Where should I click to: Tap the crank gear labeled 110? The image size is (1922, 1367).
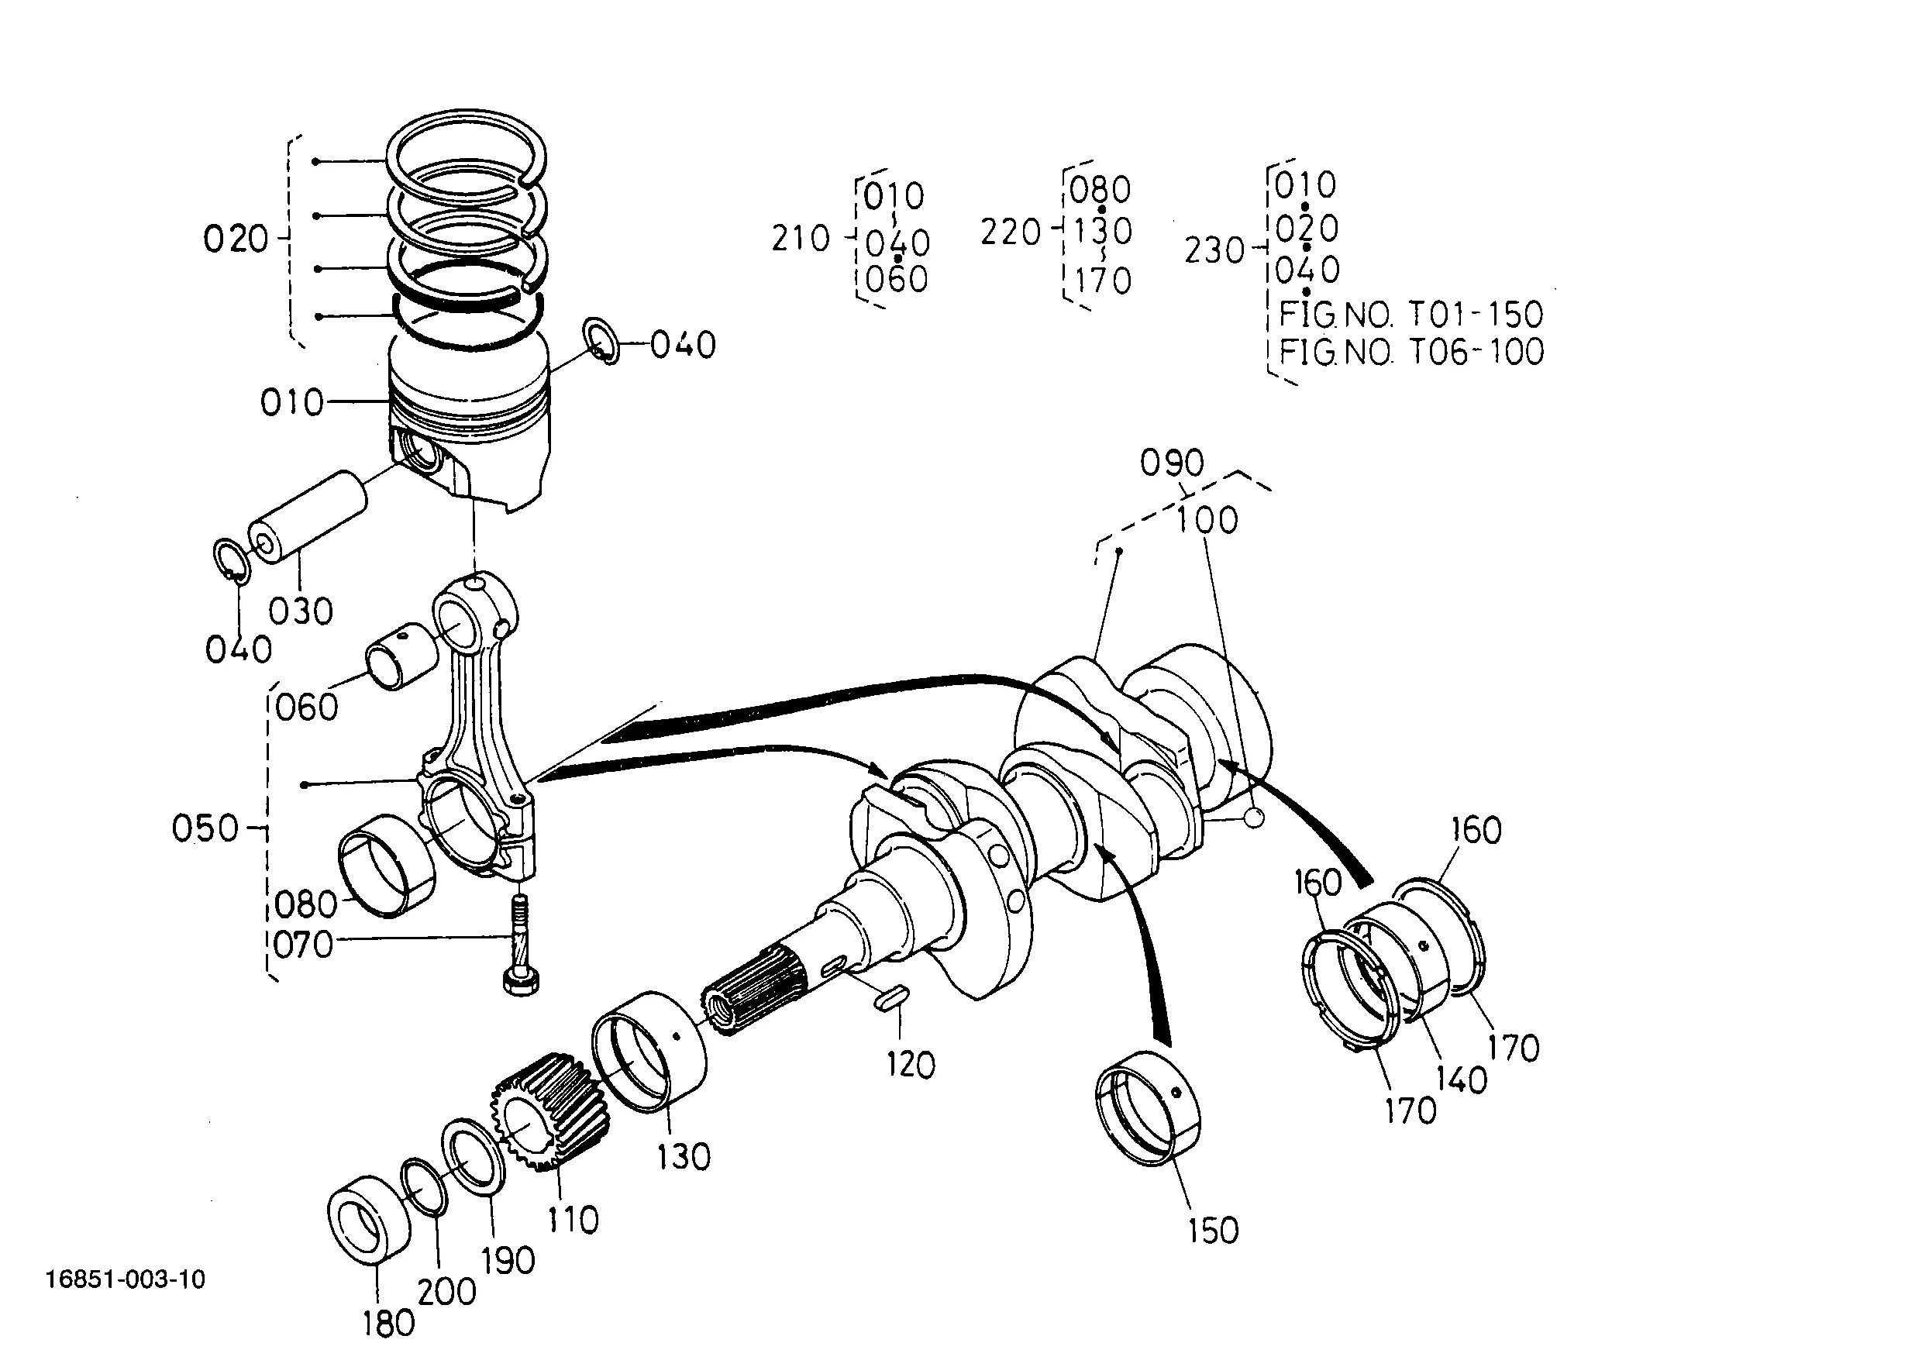coord(549,1112)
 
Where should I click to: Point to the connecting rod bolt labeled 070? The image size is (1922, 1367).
coord(522,946)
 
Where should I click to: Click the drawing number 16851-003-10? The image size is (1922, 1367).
coord(126,1279)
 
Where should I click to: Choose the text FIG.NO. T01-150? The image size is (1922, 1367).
coord(1411,314)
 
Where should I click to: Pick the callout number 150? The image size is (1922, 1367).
coord(1213,1231)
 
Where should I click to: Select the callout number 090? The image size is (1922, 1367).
coord(1172,462)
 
